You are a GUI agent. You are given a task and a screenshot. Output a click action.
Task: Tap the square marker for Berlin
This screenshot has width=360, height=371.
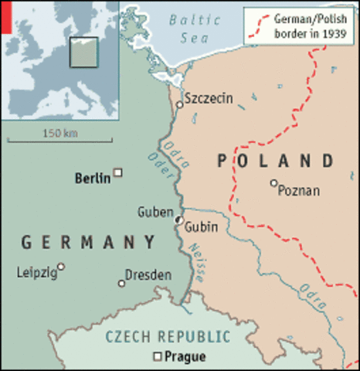(118, 172)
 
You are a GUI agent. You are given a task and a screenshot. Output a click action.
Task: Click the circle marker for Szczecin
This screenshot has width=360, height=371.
(179, 104)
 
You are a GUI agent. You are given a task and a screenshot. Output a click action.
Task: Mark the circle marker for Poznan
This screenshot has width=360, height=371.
(273, 183)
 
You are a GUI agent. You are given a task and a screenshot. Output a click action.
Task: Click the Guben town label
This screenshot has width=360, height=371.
(155, 211)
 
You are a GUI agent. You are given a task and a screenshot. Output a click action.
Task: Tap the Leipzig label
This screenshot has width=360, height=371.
(36, 273)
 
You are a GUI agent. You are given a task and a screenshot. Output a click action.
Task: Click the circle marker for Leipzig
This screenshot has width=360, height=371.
(61, 267)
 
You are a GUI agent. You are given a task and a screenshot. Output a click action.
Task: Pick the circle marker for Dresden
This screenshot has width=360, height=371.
(121, 284)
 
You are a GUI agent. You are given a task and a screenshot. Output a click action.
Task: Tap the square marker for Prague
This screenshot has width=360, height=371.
(157, 356)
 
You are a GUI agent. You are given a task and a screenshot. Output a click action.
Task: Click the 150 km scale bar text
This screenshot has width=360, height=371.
(61, 133)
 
